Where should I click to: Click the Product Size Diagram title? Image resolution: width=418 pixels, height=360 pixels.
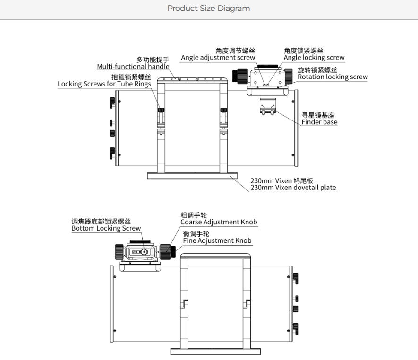209,8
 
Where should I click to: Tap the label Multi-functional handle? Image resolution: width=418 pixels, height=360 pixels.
133,67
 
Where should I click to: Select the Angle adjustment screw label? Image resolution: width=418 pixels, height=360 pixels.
218,58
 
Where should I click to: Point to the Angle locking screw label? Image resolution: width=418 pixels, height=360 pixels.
314,58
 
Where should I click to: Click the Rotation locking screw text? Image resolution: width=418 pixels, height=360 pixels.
333,77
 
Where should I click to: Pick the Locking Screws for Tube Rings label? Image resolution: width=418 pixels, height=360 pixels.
104,84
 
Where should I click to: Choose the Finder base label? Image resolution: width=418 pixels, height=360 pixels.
319,122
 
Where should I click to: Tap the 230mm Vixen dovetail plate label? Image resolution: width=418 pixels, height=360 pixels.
293,188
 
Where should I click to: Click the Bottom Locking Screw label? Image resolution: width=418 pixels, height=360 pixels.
106,228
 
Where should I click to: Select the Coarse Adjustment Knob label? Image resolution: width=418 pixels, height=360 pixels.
219,222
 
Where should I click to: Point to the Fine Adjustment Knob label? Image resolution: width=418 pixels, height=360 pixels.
217,240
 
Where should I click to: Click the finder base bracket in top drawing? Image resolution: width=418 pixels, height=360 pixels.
268,106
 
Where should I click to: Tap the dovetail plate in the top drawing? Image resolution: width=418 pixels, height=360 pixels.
192,175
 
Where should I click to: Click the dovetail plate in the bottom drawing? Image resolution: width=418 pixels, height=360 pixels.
215,351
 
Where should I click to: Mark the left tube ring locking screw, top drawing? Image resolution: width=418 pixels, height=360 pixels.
161,110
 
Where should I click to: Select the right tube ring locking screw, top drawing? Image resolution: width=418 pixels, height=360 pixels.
223,110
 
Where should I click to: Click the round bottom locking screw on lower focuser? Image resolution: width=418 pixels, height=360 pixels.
144,251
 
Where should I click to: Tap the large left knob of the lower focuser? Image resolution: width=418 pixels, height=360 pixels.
119,252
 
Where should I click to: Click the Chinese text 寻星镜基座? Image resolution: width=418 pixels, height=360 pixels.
318,115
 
